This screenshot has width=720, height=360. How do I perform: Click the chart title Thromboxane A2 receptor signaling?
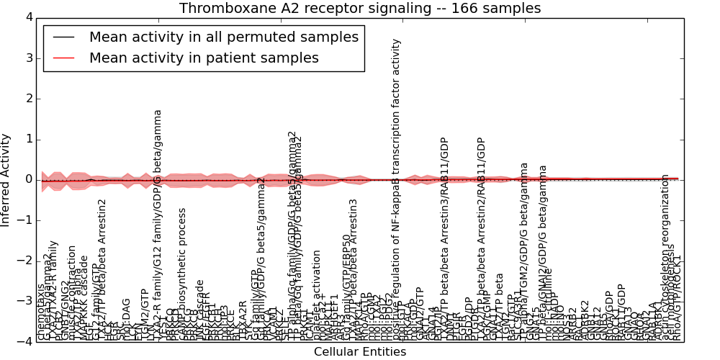360,9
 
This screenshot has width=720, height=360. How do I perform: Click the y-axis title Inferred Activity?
6,179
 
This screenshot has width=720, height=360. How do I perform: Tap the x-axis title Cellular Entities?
360,352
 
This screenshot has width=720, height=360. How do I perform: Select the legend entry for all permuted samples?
223,37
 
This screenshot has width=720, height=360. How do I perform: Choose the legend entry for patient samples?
204,58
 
